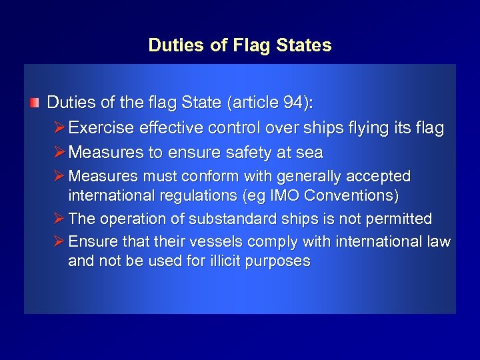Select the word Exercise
pyautogui.click(x=98, y=128)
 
